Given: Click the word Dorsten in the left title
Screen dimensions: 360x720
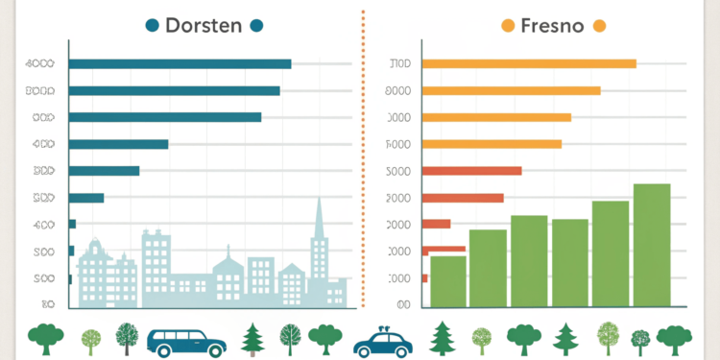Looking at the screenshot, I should tap(204, 26).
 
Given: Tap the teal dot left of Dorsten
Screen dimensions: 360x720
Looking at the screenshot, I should tap(151, 26).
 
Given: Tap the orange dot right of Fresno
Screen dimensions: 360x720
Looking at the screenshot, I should tap(600, 26).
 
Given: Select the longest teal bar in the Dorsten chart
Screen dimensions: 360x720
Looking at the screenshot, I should tap(180, 64).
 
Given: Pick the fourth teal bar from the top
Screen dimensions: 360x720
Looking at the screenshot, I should tap(119, 145).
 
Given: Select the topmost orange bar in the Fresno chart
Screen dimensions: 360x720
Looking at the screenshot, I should tap(529, 64).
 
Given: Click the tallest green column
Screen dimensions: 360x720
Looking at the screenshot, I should tap(652, 246).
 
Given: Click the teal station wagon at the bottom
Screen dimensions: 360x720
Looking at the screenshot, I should tap(186, 341).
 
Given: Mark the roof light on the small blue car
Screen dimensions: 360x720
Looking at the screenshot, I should tap(382, 327).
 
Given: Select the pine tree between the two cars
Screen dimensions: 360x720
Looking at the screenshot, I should tap(254, 339).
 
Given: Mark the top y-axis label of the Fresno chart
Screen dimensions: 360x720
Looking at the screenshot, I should tap(398, 64).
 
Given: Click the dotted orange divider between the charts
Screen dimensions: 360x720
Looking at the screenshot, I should tap(364, 154).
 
